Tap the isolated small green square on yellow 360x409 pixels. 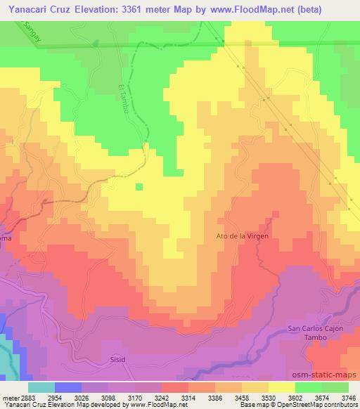139,186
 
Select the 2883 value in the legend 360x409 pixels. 27,398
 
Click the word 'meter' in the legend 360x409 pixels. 9,398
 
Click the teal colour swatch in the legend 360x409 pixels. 41,388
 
